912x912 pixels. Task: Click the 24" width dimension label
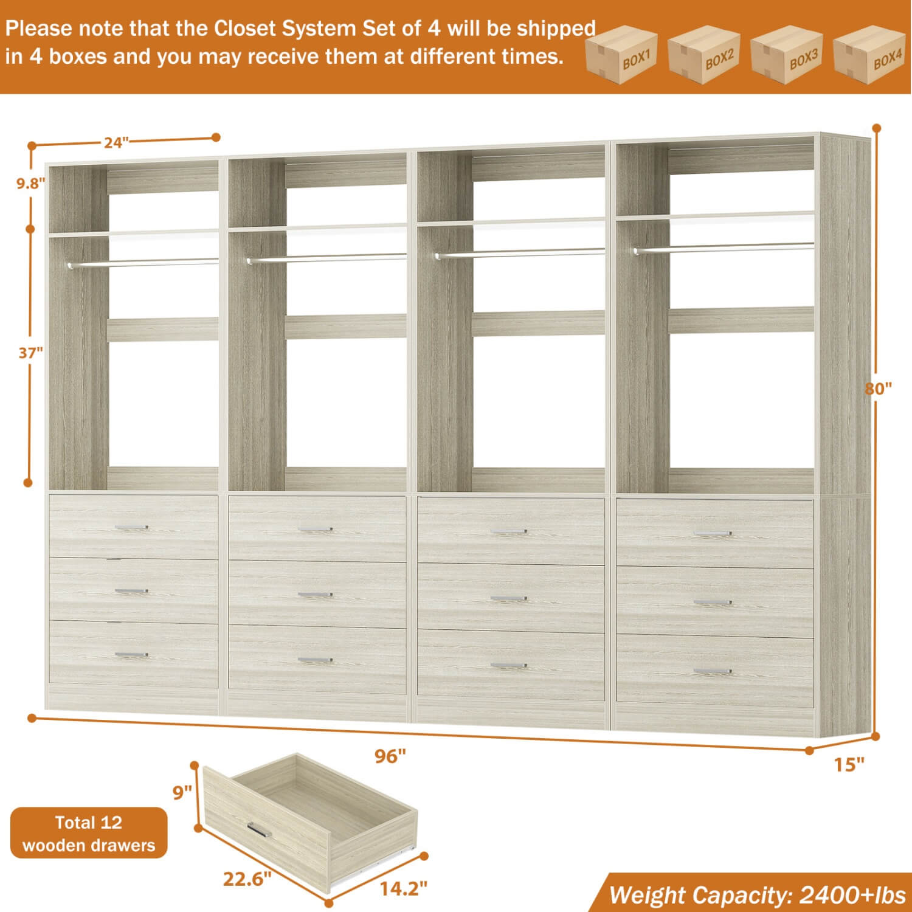pyautogui.click(x=116, y=142)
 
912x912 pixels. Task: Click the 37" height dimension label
pyautogui.click(x=30, y=353)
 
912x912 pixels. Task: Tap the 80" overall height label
pyautogui.click(x=879, y=389)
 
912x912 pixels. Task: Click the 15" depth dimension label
pyautogui.click(x=849, y=764)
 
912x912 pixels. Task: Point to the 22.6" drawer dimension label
pyautogui.click(x=247, y=879)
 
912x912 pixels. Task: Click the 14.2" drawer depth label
pyautogui.click(x=403, y=889)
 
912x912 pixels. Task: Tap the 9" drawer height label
pyautogui.click(x=182, y=793)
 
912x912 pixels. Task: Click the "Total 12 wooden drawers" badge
pyautogui.click(x=89, y=834)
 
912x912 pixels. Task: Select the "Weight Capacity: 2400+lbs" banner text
pyautogui.click(x=757, y=896)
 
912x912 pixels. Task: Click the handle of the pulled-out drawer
pyautogui.click(x=260, y=829)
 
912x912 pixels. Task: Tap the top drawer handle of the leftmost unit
pyautogui.click(x=131, y=528)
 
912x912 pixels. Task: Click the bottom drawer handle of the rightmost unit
pyautogui.click(x=713, y=671)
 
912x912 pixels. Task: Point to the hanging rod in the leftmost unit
pyautogui.click(x=143, y=263)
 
